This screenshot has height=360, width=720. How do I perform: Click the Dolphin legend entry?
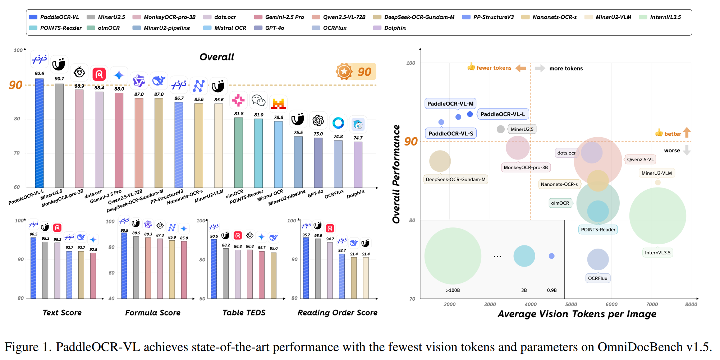tap(394, 28)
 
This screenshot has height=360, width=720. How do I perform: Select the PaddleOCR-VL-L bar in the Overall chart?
tap(39, 133)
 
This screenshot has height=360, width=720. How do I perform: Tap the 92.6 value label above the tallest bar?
tap(40, 74)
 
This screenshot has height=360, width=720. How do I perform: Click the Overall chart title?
tap(216, 57)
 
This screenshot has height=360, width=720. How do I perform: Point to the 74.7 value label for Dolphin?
tap(358, 138)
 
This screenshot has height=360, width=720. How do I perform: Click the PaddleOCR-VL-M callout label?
tap(450, 104)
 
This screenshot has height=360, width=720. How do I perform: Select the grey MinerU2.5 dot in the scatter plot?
tap(500, 129)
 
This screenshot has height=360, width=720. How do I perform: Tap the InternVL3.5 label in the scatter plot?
tap(657, 253)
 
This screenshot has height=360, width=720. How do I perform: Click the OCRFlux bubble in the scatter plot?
tap(598, 259)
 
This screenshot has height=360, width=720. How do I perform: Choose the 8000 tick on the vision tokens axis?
tap(691, 305)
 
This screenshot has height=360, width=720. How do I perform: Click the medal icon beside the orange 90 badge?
tap(344, 71)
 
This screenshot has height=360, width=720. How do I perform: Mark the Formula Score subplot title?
tap(153, 313)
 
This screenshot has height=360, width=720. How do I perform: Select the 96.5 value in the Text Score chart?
tap(33, 234)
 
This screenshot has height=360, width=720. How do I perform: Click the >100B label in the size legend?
tap(453, 290)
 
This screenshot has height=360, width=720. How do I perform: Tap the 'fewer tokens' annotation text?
tap(494, 68)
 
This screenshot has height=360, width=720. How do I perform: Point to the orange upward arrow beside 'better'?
tap(687, 133)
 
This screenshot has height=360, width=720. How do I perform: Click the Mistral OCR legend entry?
tap(230, 28)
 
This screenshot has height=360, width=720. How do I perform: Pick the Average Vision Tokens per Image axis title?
tap(577, 314)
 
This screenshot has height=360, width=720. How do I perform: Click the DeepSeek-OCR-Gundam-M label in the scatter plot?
tap(455, 180)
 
